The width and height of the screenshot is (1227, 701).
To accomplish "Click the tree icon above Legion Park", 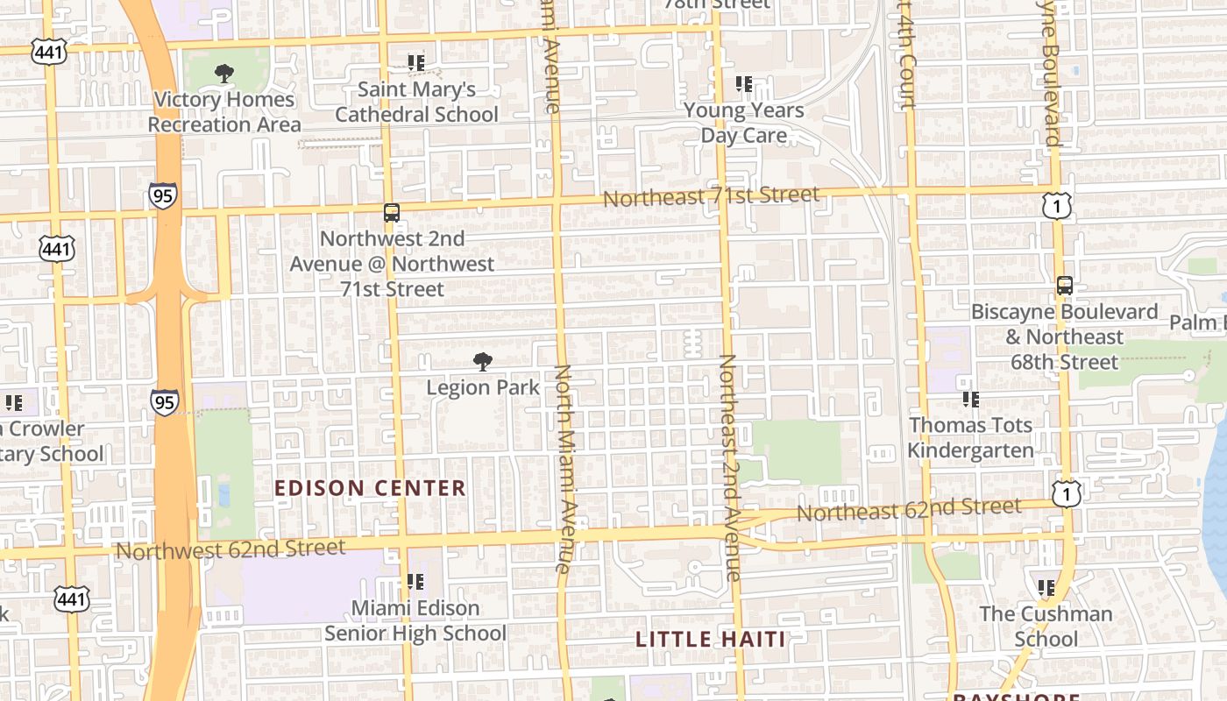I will point(482,361).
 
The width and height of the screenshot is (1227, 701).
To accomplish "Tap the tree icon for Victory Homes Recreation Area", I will point(224,74).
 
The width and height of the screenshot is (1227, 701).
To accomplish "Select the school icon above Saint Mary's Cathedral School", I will point(415,63).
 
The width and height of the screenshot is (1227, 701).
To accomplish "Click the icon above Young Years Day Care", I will point(744,84).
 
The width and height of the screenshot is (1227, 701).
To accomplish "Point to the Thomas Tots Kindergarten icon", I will point(970,400).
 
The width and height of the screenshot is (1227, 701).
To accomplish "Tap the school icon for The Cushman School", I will point(1046,588).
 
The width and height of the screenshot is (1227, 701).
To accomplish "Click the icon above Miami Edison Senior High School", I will point(415,582).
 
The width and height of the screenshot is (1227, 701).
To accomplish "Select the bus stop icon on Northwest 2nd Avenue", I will point(391,213).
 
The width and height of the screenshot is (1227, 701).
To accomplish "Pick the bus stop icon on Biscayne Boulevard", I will point(1065,286).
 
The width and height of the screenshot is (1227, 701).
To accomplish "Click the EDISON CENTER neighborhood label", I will point(370,488).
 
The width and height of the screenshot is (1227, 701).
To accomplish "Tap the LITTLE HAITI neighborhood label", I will point(711,639).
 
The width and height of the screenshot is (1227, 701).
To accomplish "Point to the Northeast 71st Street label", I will point(711,196).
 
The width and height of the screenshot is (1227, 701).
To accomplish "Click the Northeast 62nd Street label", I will point(909,509).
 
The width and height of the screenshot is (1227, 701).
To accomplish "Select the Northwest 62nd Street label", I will point(231,549).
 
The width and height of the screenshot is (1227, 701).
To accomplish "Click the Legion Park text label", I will point(483,386).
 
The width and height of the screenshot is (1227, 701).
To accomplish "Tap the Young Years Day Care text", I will point(744,123).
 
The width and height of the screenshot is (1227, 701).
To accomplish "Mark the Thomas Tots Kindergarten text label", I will point(970,437).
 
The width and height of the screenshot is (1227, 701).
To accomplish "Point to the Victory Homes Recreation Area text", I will point(223,111).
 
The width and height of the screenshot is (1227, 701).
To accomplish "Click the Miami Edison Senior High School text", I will point(415,620).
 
